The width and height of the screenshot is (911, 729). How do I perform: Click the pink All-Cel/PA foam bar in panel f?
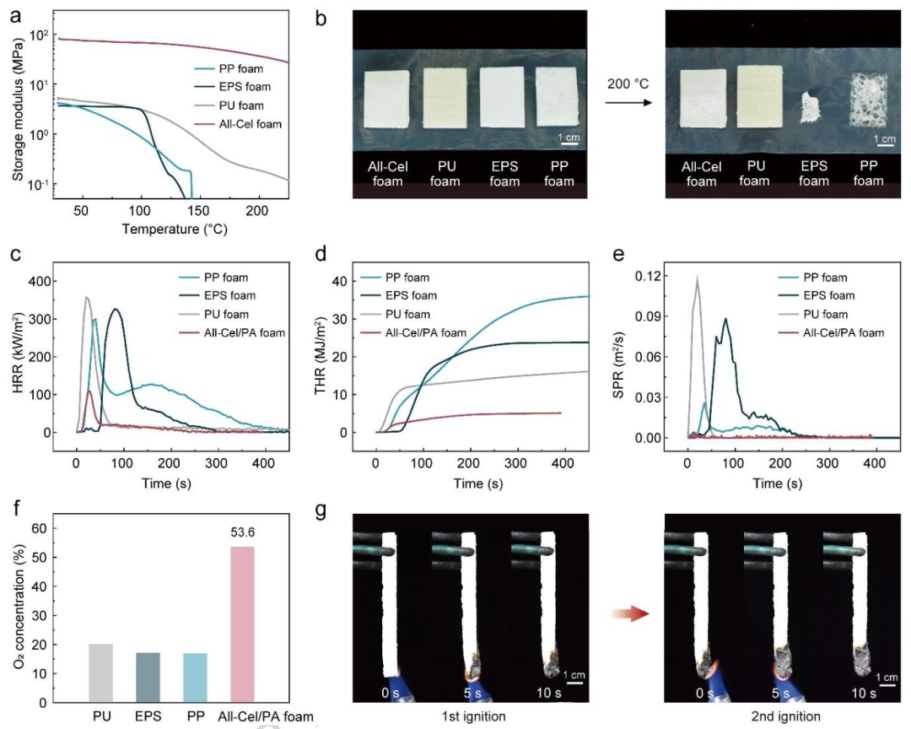242,624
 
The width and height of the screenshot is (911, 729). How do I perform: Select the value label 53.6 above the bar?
243,532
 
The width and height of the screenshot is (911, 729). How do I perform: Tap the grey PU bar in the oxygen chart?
101,673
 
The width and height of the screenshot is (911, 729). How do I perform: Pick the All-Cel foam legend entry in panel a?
238,124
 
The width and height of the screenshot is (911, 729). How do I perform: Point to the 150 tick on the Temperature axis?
199,210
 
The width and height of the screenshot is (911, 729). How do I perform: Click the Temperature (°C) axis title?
175,229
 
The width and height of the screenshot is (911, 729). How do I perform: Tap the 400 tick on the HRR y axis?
39,281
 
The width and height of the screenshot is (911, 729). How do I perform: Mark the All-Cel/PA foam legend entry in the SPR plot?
832,333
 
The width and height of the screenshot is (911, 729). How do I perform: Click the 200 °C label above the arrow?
628,84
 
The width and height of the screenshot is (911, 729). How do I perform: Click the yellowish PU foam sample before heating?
445,98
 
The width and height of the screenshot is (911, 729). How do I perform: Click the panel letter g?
321,510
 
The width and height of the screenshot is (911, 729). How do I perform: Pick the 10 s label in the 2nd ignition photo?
864,694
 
